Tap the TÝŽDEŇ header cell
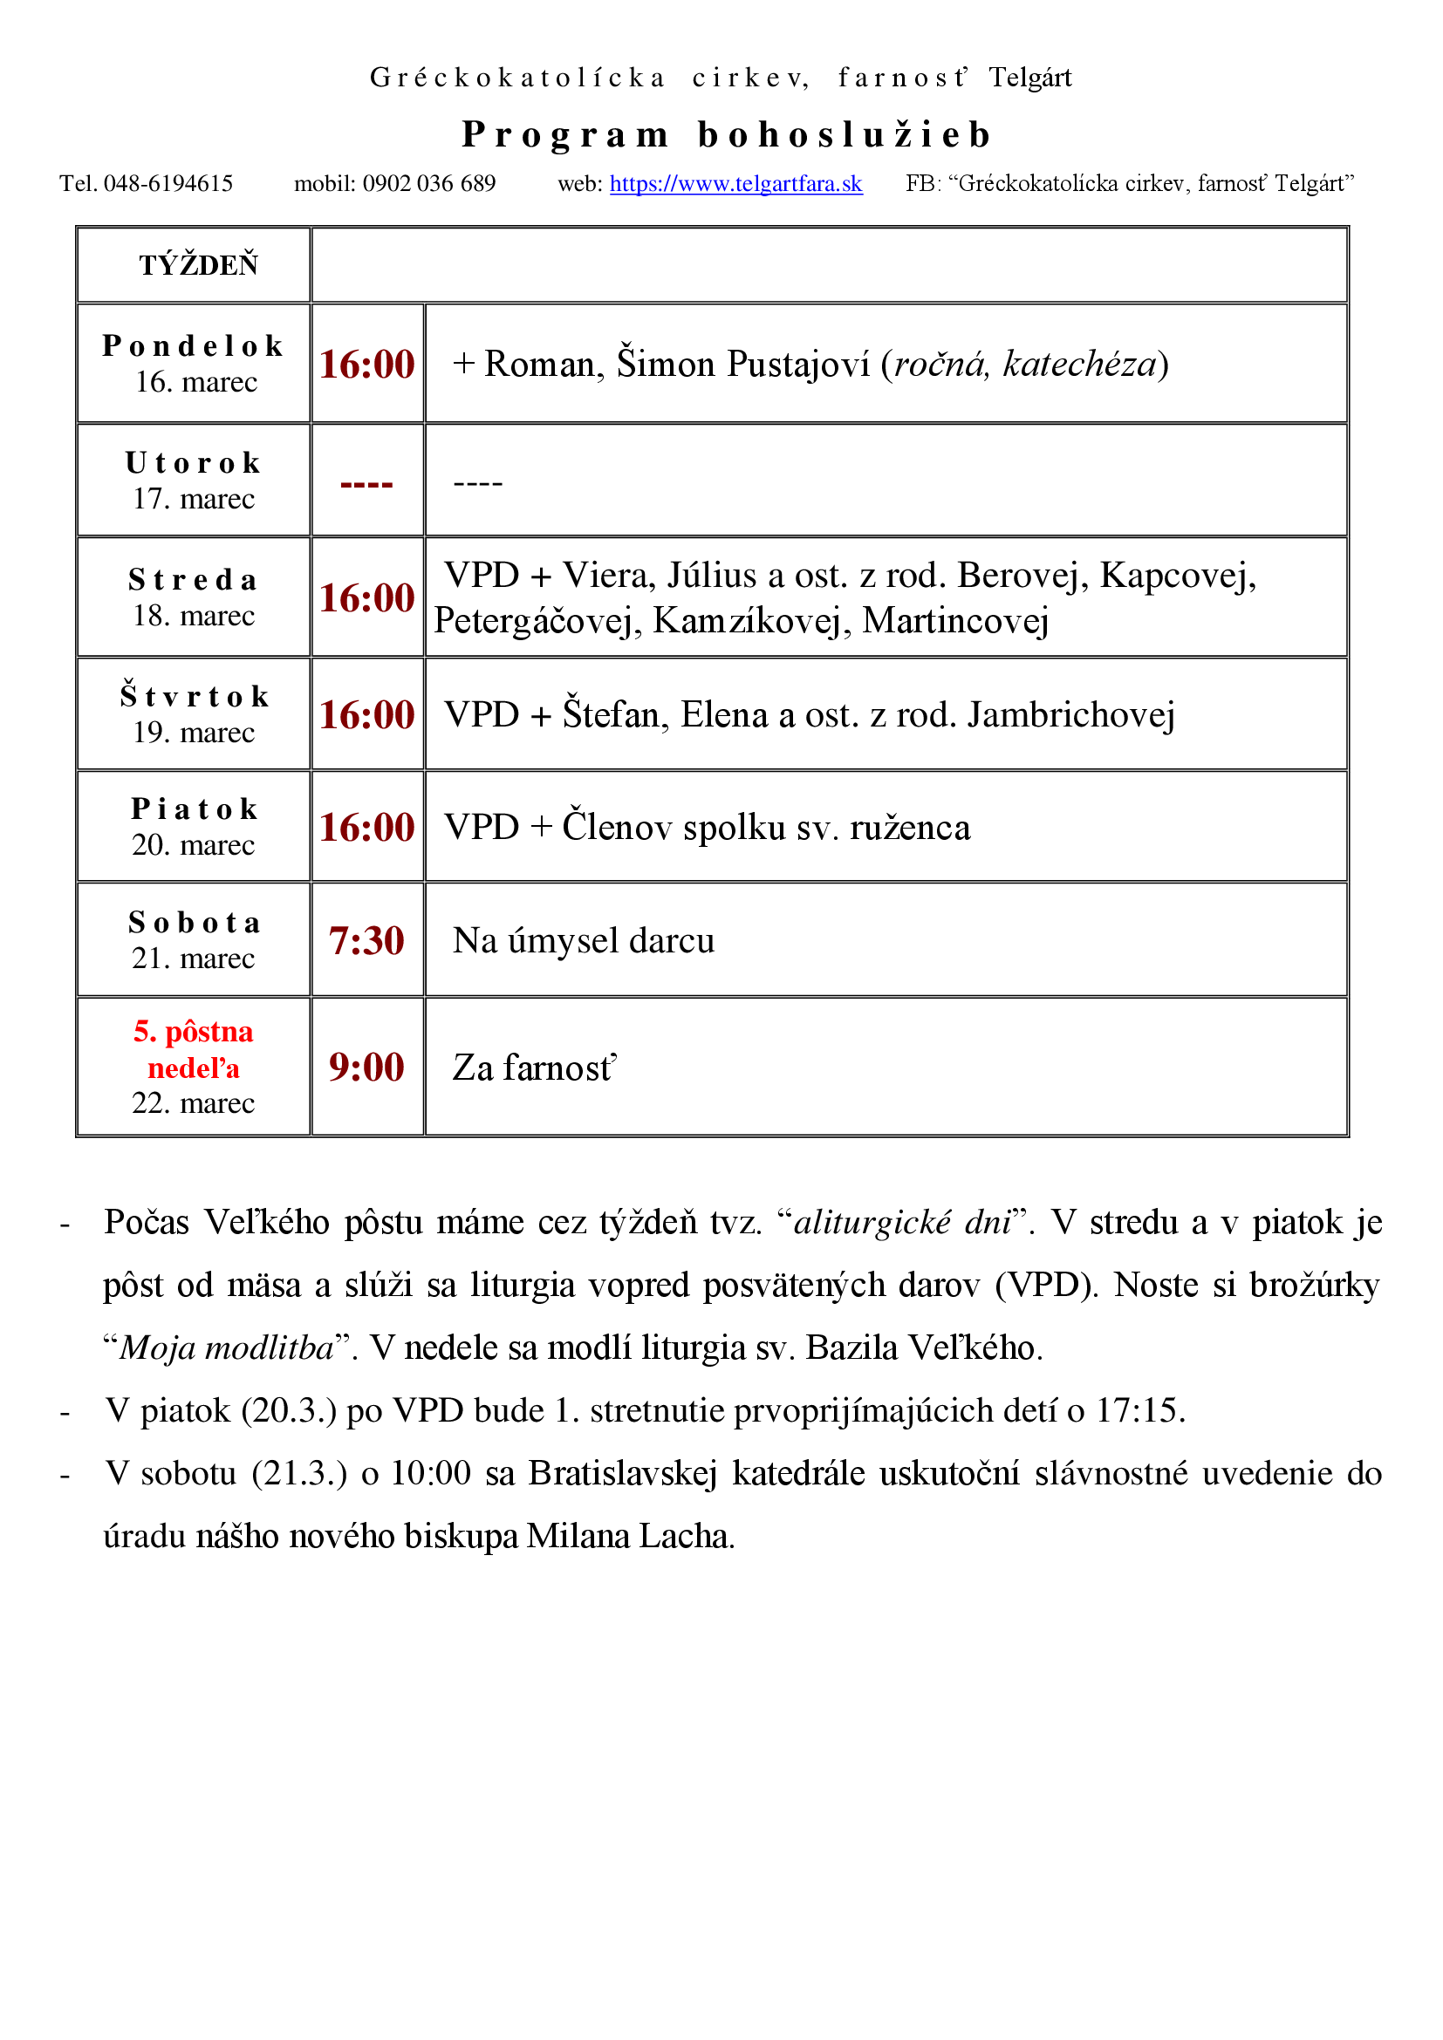(198, 266)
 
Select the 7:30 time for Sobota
(366, 941)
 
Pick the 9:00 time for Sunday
(366, 1067)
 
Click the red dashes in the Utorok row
(366, 484)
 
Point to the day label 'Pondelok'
(193, 345)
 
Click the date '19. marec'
(194, 733)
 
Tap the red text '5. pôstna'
(193, 1032)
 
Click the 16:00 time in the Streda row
(366, 598)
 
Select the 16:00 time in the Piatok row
(366, 827)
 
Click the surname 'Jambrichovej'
(1070, 715)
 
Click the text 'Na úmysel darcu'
(583, 941)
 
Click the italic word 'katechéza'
(1078, 365)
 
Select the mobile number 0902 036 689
(428, 184)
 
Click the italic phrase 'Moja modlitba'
(227, 1347)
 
